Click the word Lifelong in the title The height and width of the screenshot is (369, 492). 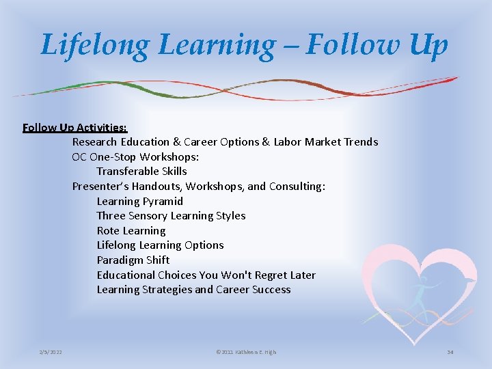(94, 46)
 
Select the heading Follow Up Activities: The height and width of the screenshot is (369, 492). (74, 127)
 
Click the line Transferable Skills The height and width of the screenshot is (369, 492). (141, 172)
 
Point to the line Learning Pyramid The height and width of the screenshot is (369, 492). (140, 201)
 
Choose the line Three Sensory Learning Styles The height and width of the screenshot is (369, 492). (171, 216)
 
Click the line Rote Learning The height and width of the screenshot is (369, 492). (131, 231)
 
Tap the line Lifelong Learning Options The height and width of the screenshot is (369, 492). (160, 245)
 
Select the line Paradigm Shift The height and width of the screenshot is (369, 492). (133, 260)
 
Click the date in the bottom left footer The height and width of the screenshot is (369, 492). (51, 352)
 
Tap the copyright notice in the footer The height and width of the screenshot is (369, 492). (246, 352)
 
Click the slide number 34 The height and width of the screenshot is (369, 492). (450, 352)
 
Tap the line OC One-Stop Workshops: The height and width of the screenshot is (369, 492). (136, 156)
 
